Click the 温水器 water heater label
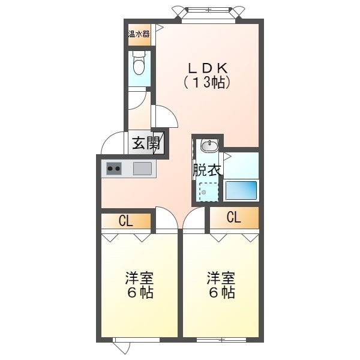tap(139, 34)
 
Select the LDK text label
tap(208, 68)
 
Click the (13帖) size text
tap(207, 82)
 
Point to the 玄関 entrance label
tap(146, 143)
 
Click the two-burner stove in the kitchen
tap(114, 169)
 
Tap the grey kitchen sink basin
tap(142, 169)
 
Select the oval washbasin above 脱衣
tap(209, 145)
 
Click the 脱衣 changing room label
tap(207, 170)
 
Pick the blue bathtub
tap(241, 190)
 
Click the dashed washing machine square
tap(208, 192)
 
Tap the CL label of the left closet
tap(126, 221)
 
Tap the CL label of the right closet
tap(234, 217)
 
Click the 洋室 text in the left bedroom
tap(139, 278)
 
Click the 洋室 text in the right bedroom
tap(221, 278)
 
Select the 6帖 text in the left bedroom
tap(140, 293)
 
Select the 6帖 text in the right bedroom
tap(222, 293)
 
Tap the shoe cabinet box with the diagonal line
tap(158, 143)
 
